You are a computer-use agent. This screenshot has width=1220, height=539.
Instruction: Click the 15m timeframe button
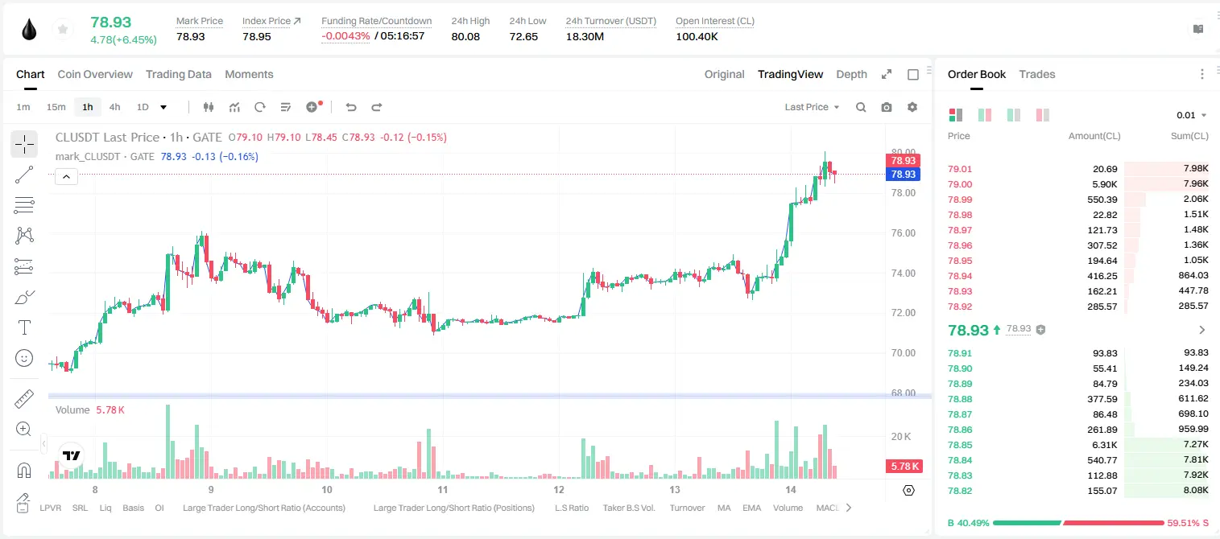pyautogui.click(x=56, y=107)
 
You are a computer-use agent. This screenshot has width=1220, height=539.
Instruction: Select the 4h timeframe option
pyautogui.click(x=114, y=107)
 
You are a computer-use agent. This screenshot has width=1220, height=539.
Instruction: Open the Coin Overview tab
pyautogui.click(x=95, y=74)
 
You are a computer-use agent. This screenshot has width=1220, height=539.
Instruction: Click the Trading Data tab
pyautogui.click(x=179, y=74)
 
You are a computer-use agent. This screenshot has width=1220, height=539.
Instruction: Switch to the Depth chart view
pyautogui.click(x=851, y=74)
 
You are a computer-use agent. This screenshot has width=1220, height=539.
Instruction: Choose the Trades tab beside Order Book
pyautogui.click(x=1037, y=74)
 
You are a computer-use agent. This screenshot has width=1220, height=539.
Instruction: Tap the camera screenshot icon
pyautogui.click(x=887, y=107)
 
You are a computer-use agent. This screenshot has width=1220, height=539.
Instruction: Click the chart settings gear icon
pyautogui.click(x=912, y=107)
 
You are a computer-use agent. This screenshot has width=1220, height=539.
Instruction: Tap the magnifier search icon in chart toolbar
pyautogui.click(x=861, y=107)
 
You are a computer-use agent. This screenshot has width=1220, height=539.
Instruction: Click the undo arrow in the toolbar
pyautogui.click(x=351, y=107)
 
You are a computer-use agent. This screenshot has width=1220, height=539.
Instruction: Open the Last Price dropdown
pyautogui.click(x=812, y=107)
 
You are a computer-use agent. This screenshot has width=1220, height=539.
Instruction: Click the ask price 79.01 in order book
pyautogui.click(x=960, y=169)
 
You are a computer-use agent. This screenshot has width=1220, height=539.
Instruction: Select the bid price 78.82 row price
pyautogui.click(x=960, y=491)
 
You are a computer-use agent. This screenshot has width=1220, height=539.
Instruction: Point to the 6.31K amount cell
pyautogui.click(x=1105, y=445)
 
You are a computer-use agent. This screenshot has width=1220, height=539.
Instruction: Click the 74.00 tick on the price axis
pyautogui.click(x=903, y=273)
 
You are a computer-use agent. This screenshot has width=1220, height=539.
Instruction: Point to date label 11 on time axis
pyautogui.click(x=443, y=489)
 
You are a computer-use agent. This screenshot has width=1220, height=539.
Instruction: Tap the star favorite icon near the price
pyautogui.click(x=63, y=29)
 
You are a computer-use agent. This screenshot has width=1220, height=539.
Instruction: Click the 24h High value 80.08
pyautogui.click(x=465, y=36)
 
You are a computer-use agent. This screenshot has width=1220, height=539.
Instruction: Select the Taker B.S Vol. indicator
pyautogui.click(x=628, y=508)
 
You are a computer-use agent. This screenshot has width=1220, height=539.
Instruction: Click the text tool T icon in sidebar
pyautogui.click(x=24, y=327)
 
